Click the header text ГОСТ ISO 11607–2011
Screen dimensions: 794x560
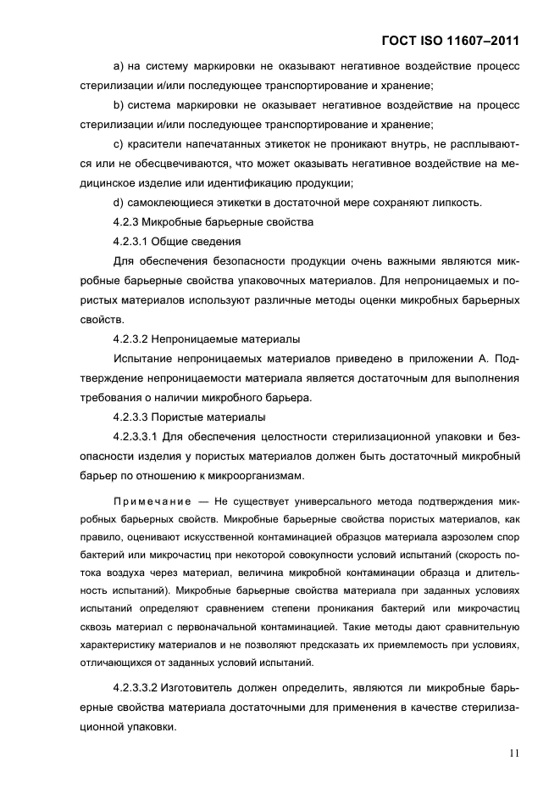click(x=446, y=40)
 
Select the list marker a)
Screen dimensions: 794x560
click(x=119, y=65)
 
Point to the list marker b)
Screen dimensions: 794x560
click(x=119, y=104)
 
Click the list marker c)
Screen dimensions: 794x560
click(x=119, y=143)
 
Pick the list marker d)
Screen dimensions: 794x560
click(x=119, y=202)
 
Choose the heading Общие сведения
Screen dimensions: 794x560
click(x=194, y=241)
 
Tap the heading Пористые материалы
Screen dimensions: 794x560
click(x=211, y=417)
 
